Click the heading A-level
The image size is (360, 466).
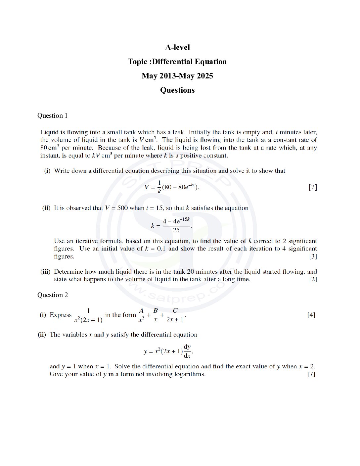coord(177,47)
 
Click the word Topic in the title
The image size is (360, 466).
coord(137,62)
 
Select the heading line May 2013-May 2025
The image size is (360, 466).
coord(177,76)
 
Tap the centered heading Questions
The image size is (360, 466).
coord(177,90)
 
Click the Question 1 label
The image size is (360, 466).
coord(52,116)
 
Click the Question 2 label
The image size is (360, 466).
coord(52,295)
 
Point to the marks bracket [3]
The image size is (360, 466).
coord(313,256)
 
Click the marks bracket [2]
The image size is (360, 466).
coord(313,279)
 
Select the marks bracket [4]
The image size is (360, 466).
coord(311,315)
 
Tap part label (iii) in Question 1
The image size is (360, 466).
coord(45,272)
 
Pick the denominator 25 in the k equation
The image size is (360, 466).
coord(176,230)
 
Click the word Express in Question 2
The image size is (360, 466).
coord(61,315)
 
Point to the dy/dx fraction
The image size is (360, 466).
coord(187,351)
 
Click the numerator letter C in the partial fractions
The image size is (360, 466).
coord(175,310)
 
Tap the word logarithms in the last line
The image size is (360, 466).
coord(189,374)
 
